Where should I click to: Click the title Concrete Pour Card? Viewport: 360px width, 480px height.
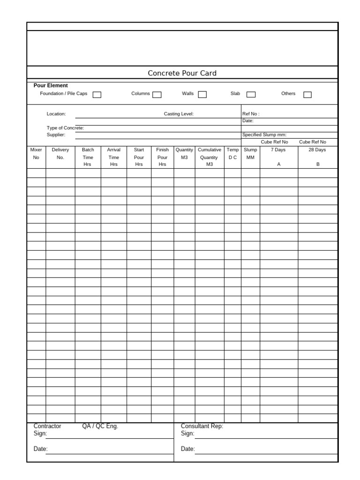pos(182,73)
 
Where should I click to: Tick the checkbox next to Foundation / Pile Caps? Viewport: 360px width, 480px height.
pos(97,95)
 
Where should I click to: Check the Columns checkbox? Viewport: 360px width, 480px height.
pos(157,95)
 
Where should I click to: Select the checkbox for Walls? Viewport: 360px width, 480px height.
pos(202,95)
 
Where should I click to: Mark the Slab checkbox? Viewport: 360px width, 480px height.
pos(251,95)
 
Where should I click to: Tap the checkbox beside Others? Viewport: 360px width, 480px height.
pos(307,95)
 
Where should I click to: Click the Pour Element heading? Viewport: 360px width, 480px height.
pos(51,86)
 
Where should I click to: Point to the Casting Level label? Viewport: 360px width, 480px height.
pos(179,114)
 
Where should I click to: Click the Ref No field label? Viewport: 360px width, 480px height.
pos(251,114)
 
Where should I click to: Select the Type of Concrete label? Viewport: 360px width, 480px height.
pos(65,128)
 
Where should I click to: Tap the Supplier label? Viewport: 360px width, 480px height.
pos(56,135)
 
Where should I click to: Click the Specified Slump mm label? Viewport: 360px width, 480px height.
pos(264,135)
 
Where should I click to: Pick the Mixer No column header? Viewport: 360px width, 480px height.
pos(36,154)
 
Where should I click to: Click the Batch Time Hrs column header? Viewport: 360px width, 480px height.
pos(88,157)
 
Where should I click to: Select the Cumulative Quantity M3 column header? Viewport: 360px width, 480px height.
pos(210,157)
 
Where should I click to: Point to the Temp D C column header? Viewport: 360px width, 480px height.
pos(232,154)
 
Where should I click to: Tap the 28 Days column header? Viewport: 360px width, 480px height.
pos(317,150)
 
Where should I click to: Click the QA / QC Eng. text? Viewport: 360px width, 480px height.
pos(100,426)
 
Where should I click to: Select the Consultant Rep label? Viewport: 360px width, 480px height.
pos(202,426)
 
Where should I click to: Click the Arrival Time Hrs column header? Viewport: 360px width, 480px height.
pos(114,157)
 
